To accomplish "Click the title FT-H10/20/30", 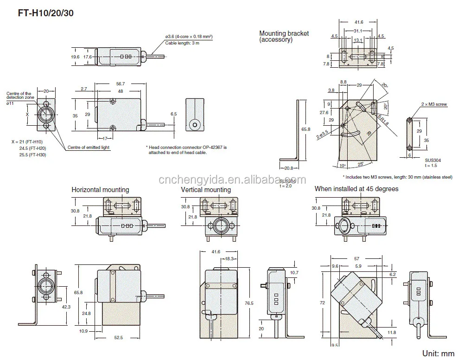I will pos(46,13).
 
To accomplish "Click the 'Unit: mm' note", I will pos(438,353).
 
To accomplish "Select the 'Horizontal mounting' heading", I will pos(100,190).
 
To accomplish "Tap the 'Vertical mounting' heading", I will pos(205,190).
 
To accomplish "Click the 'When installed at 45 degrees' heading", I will pos(356,189).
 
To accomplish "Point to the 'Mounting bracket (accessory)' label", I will pos(284,37).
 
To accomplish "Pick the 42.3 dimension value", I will pos(66,306).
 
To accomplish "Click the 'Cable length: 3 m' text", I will pos(182,43).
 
